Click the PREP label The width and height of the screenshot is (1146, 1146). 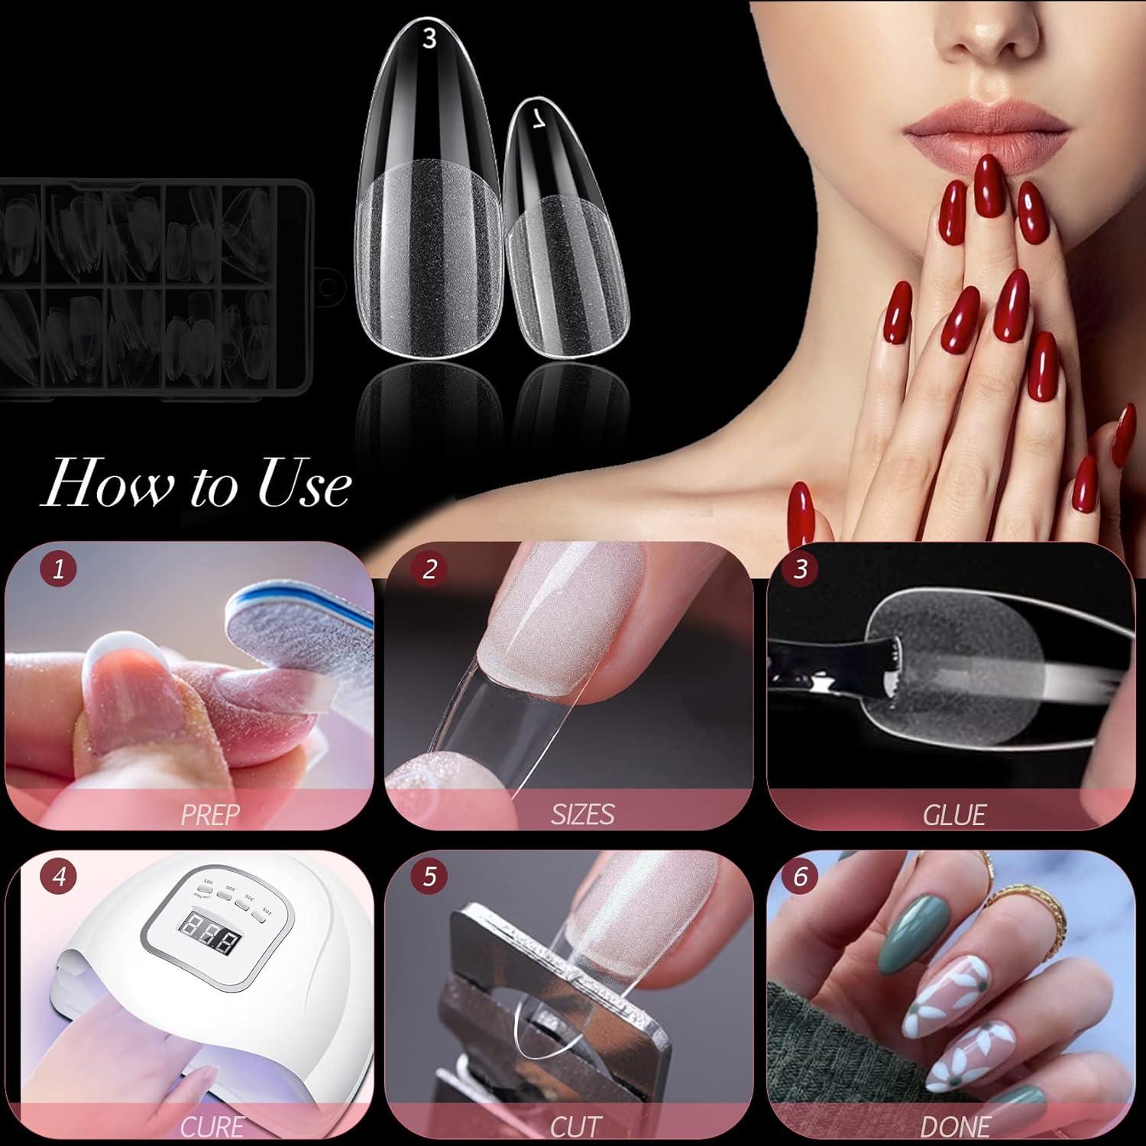pos(208,814)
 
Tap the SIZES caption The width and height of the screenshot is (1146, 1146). pos(582,814)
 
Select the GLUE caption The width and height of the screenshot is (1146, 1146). pos(954,814)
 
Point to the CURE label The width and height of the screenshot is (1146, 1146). pos(212,1126)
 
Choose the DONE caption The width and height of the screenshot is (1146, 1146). pos(955,1126)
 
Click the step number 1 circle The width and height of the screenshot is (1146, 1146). pos(59,569)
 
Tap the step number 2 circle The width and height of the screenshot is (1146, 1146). pos(429,569)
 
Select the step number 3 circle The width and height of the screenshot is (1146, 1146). pos(800,569)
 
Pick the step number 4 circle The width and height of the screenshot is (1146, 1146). pos(59,876)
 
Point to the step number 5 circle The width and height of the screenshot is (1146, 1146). pos(429,876)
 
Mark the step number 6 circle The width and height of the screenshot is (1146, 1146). pos(800,876)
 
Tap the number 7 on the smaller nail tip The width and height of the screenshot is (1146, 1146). pos(539,119)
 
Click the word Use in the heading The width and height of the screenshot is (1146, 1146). pos(305,484)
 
